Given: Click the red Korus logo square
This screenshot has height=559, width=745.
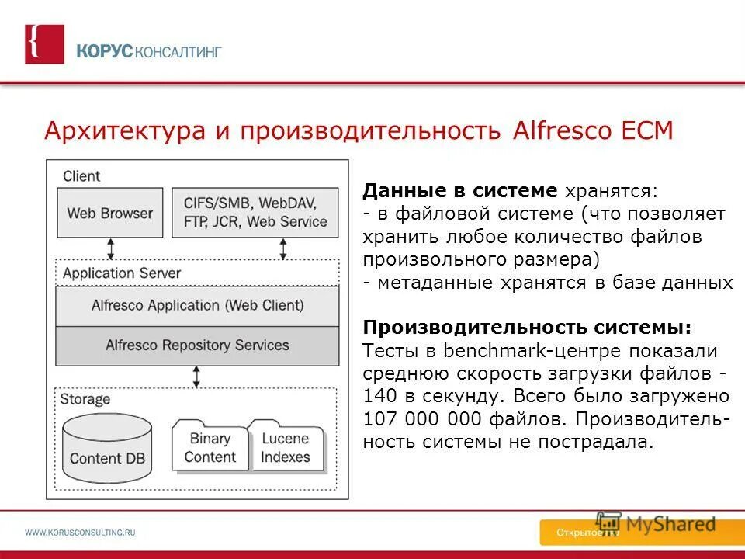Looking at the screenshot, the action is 44,44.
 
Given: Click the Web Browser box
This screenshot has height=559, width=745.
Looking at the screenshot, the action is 110,212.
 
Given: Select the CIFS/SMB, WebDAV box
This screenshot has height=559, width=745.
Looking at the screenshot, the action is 255,212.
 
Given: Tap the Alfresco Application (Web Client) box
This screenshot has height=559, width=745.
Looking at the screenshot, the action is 197,306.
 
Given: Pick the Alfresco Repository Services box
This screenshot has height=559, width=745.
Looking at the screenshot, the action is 197,345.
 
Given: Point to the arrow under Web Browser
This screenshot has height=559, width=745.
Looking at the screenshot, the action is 111,248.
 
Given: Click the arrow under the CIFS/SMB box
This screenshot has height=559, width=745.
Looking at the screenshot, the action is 283,248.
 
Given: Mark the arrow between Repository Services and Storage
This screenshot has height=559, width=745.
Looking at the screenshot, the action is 197,377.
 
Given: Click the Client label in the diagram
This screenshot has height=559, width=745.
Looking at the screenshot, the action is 81,176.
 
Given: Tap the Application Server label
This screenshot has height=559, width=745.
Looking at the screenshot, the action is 121,273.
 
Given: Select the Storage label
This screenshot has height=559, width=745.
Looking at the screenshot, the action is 86,400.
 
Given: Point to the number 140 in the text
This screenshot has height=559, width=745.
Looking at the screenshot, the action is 377,395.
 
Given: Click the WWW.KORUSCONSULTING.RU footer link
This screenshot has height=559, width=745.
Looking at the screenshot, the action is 81,533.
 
